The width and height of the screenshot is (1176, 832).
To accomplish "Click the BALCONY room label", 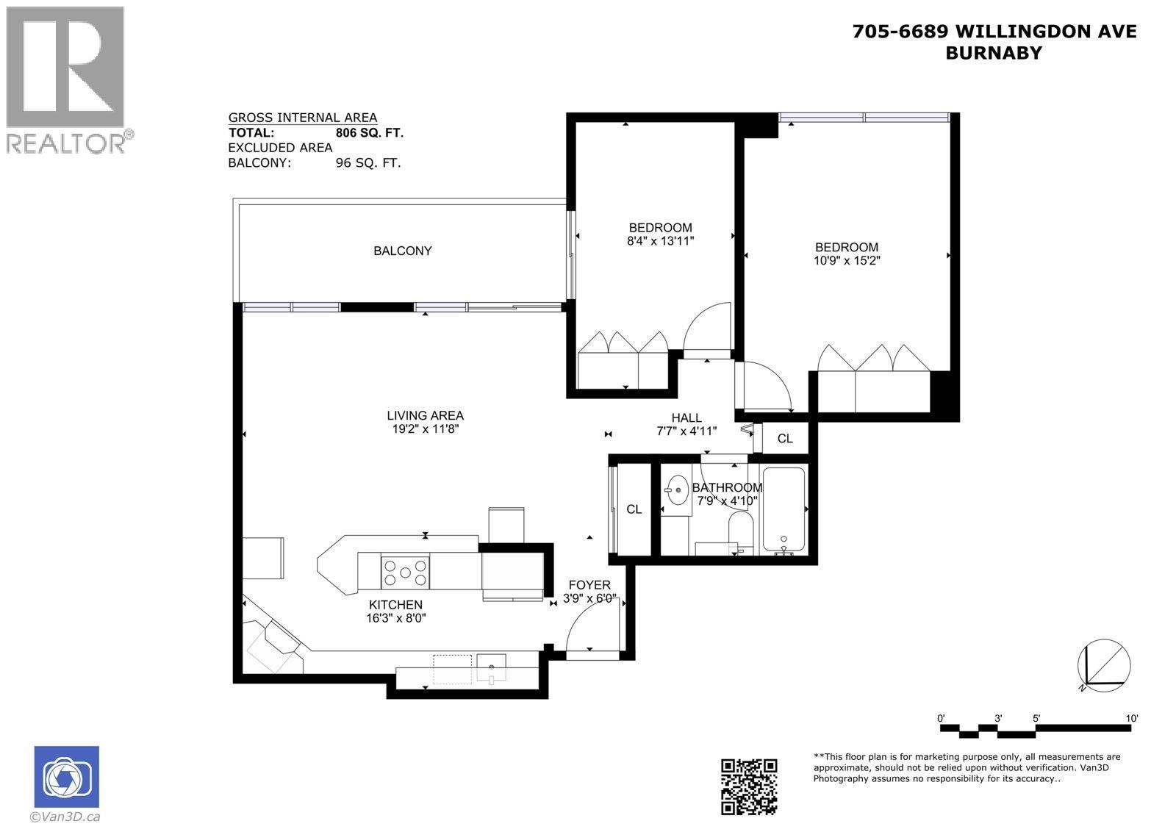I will pyautogui.click(x=402, y=251).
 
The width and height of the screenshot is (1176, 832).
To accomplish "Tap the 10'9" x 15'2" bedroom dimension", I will pyautogui.click(x=847, y=260).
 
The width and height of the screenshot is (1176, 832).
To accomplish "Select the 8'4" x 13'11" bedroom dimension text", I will pyautogui.click(x=660, y=240).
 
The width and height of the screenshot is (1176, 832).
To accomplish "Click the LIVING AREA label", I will pyautogui.click(x=426, y=416).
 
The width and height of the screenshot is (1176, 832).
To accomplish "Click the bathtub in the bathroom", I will pyautogui.click(x=784, y=509).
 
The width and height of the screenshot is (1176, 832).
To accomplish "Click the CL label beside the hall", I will pyautogui.click(x=785, y=439).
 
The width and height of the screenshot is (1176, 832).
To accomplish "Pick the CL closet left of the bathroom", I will pyautogui.click(x=634, y=509).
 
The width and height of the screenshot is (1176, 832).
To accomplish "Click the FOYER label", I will pyautogui.click(x=589, y=585).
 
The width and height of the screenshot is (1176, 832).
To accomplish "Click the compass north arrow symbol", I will pyautogui.click(x=1103, y=665).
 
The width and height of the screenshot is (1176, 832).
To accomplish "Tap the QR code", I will pyautogui.click(x=748, y=786).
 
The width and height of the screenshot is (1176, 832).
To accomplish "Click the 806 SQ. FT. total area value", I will pyautogui.click(x=369, y=133).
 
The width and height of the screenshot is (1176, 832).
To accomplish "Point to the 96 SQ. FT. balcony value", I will pyautogui.click(x=367, y=163).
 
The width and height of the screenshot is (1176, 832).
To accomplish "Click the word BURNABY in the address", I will pyautogui.click(x=994, y=53).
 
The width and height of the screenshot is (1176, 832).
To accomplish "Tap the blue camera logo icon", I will pyautogui.click(x=66, y=777).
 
